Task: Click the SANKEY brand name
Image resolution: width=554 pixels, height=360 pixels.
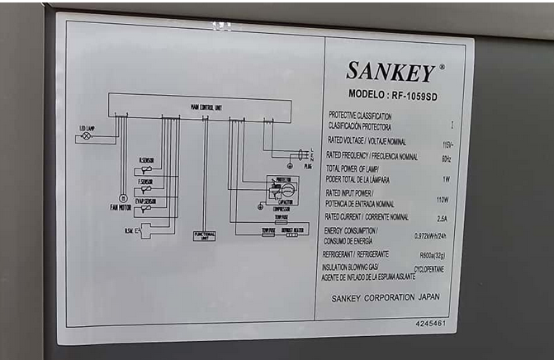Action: point(390,72)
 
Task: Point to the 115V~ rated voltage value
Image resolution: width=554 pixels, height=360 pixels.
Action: point(447,144)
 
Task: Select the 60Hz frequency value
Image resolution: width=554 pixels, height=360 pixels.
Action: point(447,159)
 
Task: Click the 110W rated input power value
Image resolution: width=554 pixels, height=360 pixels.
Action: point(443,200)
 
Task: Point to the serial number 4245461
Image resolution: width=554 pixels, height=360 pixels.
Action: point(430,323)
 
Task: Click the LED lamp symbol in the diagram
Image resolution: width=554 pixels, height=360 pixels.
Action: point(86,137)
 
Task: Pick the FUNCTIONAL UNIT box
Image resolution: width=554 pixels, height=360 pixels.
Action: point(205,235)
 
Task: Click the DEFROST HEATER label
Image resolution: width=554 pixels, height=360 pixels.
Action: point(296,230)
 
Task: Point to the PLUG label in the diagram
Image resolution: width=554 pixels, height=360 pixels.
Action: point(308,166)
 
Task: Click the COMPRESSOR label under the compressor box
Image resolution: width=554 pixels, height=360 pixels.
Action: point(281,209)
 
